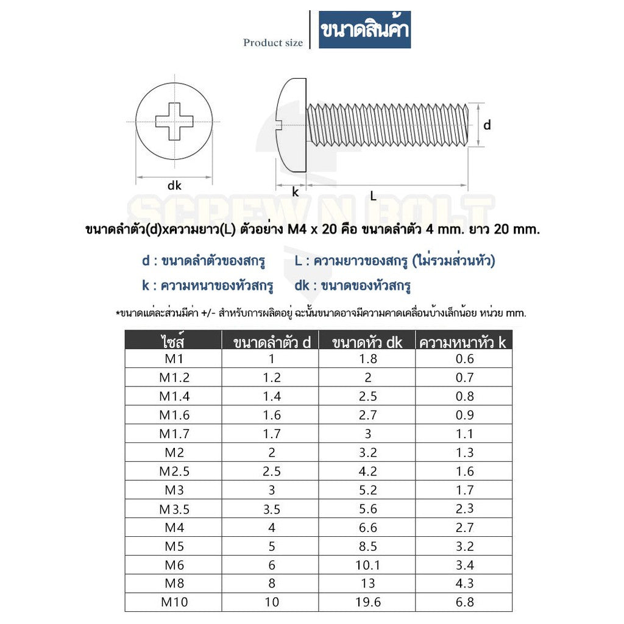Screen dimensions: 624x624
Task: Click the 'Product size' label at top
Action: (272, 43)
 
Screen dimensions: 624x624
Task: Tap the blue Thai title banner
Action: (364, 29)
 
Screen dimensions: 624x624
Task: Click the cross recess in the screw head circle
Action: (174, 121)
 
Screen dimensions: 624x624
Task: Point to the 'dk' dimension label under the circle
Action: (174, 186)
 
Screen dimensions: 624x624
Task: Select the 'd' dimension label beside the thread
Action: (487, 125)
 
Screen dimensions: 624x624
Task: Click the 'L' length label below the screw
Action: (373, 196)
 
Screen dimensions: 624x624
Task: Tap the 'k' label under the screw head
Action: (295, 192)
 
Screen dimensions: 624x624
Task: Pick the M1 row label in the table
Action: (174, 358)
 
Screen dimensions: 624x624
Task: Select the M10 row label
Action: (174, 602)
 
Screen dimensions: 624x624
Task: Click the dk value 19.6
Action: (367, 602)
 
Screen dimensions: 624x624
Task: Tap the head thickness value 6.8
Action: (464, 602)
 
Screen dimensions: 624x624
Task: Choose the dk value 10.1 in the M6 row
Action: (367, 565)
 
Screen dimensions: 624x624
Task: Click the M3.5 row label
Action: (174, 509)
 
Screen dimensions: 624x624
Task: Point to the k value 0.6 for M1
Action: (464, 358)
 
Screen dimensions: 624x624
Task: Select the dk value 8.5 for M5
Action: (367, 546)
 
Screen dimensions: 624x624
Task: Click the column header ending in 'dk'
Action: (367, 342)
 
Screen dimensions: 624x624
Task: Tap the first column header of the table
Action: (174, 341)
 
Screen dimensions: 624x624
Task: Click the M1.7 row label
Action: (174, 434)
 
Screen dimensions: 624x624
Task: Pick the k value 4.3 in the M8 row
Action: (464, 583)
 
